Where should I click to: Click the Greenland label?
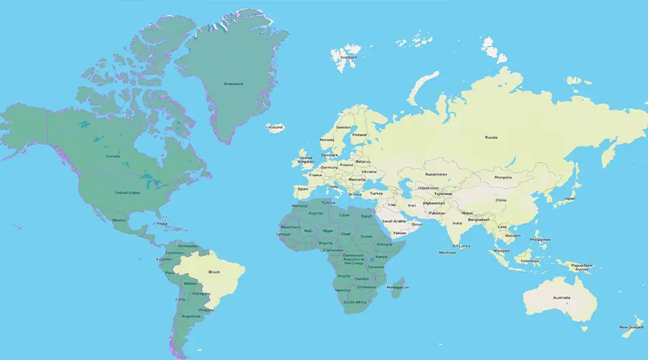pos(233,84)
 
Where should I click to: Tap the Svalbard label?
pos(349,56)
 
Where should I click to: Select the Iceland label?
pos(276,127)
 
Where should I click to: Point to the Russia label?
pos(491,137)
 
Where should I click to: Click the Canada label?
pos(113,156)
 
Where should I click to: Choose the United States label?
pos(127,192)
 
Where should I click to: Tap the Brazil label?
pos(214,271)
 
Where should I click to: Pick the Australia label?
pos(562,297)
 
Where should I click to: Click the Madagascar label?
pos(397,287)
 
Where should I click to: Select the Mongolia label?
pos(503,177)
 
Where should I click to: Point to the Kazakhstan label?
pos(437,174)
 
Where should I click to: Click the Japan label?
pos(569,198)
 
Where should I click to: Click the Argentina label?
pos(191,316)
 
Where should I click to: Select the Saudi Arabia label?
pos(394,221)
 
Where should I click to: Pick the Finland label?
pos(359,135)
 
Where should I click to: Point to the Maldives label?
pos(447,253)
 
